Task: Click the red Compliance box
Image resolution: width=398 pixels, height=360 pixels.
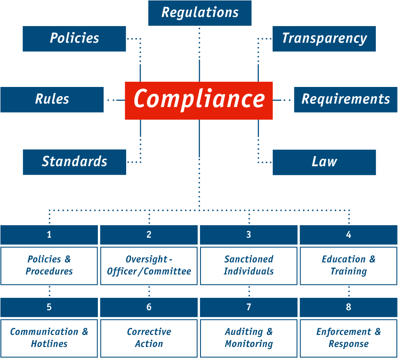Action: (199, 100)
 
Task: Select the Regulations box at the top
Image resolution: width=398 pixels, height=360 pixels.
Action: (200, 13)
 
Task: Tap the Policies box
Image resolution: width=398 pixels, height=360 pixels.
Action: (74, 39)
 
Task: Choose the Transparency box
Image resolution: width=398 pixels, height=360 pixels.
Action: (324, 39)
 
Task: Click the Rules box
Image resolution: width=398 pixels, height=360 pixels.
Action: (52, 100)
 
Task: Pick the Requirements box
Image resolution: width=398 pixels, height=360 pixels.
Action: (346, 100)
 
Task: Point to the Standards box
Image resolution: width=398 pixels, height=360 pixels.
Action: (74, 162)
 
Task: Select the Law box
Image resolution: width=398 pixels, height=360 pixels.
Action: (324, 162)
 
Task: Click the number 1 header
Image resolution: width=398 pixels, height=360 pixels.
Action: (49, 235)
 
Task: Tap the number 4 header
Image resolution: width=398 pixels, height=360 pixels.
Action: (348, 235)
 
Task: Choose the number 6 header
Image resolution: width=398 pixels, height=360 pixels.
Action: (149, 307)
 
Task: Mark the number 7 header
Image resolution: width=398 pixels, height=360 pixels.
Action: (248, 307)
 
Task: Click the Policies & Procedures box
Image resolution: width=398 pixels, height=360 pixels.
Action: (49, 266)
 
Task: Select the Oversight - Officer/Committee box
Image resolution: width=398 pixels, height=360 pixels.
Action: (149, 266)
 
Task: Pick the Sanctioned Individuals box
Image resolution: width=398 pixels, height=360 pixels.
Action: (248, 266)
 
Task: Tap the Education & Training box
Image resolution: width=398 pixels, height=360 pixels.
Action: (348, 266)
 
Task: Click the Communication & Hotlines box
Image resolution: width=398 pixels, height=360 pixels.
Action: (49, 338)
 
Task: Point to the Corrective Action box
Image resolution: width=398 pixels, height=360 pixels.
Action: (149, 338)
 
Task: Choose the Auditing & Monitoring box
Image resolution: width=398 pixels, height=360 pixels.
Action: (248, 338)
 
